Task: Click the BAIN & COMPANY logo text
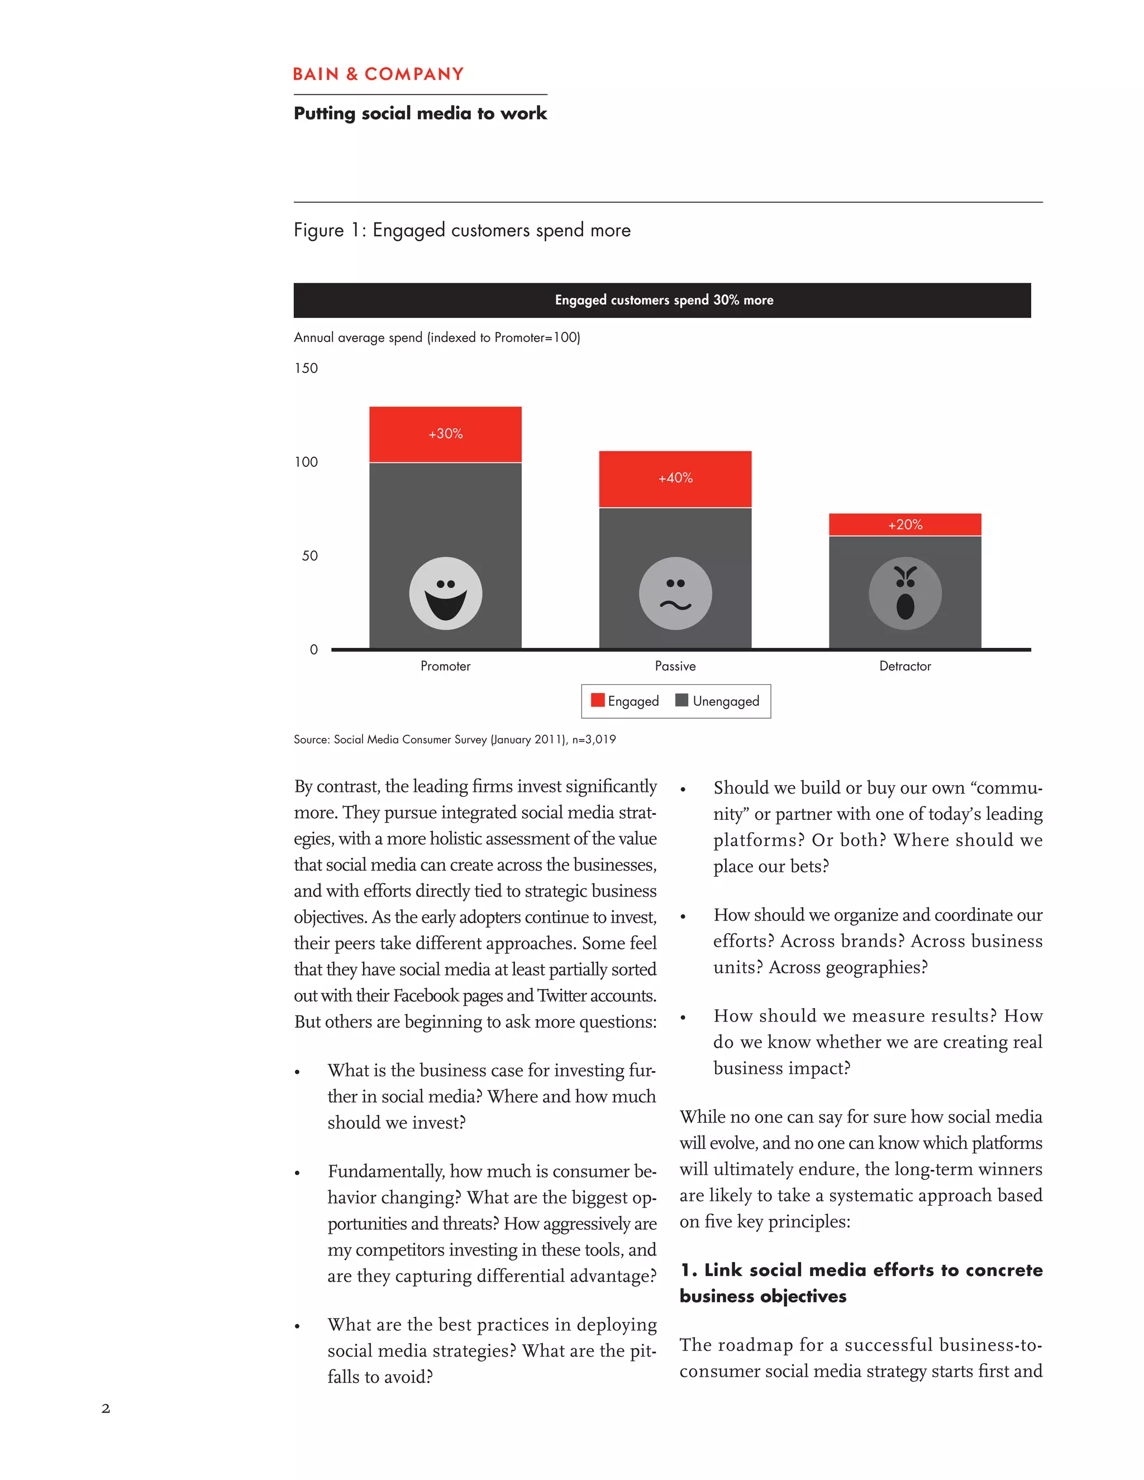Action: click(378, 74)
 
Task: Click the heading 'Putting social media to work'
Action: click(420, 113)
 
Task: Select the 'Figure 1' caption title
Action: click(461, 231)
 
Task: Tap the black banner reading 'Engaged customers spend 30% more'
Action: click(662, 300)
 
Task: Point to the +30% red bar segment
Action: click(445, 435)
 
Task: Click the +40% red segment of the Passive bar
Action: click(675, 479)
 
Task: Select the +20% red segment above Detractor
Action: click(905, 524)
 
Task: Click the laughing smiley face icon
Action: click(445, 594)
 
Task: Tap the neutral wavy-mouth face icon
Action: click(675, 594)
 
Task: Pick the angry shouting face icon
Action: click(905, 594)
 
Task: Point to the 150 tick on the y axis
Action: click(306, 369)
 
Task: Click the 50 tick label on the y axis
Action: click(309, 556)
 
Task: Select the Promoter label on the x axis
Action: click(445, 666)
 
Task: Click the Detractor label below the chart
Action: click(905, 666)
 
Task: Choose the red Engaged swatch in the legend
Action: click(597, 700)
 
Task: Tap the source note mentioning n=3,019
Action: click(455, 739)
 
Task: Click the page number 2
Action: click(106, 1408)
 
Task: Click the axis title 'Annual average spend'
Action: click(436, 337)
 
